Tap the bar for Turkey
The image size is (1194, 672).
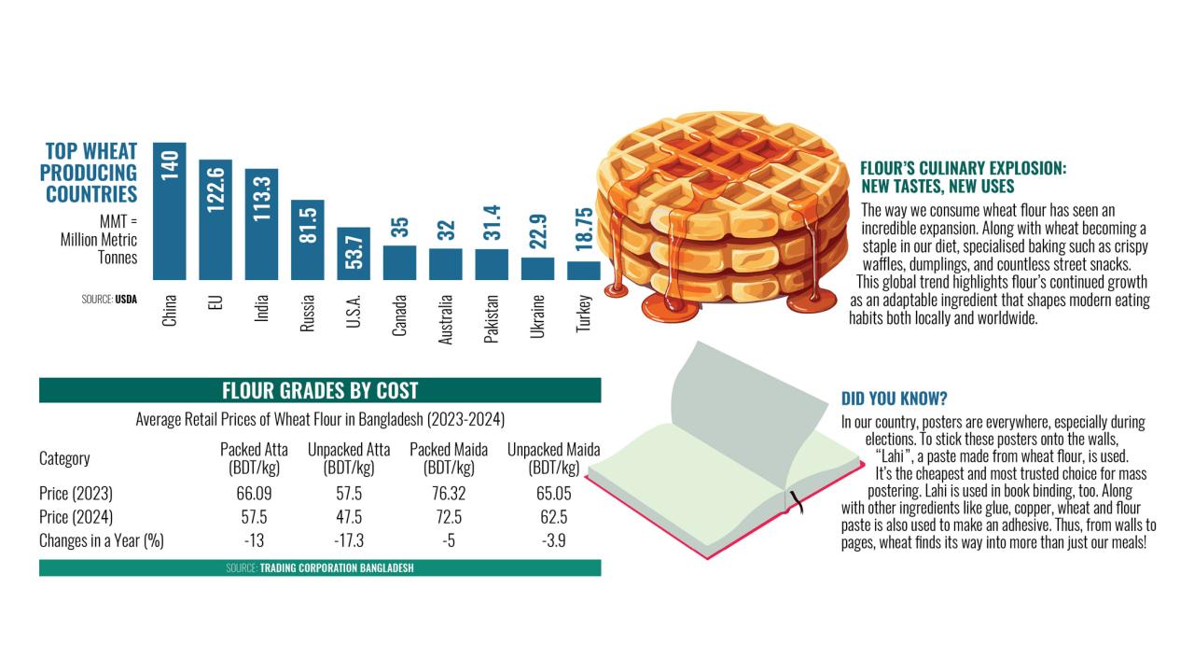pyautogui.click(x=584, y=271)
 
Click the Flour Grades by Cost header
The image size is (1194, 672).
pyautogui.click(x=320, y=390)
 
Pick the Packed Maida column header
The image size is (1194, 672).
pyautogui.click(x=449, y=458)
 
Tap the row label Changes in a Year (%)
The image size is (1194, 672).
pyautogui.click(x=102, y=541)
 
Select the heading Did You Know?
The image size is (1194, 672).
pyautogui.click(x=895, y=399)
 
